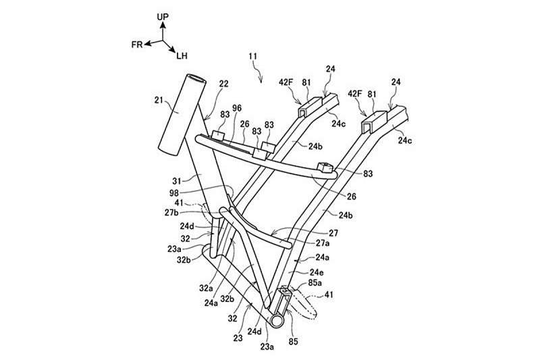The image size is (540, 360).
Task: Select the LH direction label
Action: point(183,57)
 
